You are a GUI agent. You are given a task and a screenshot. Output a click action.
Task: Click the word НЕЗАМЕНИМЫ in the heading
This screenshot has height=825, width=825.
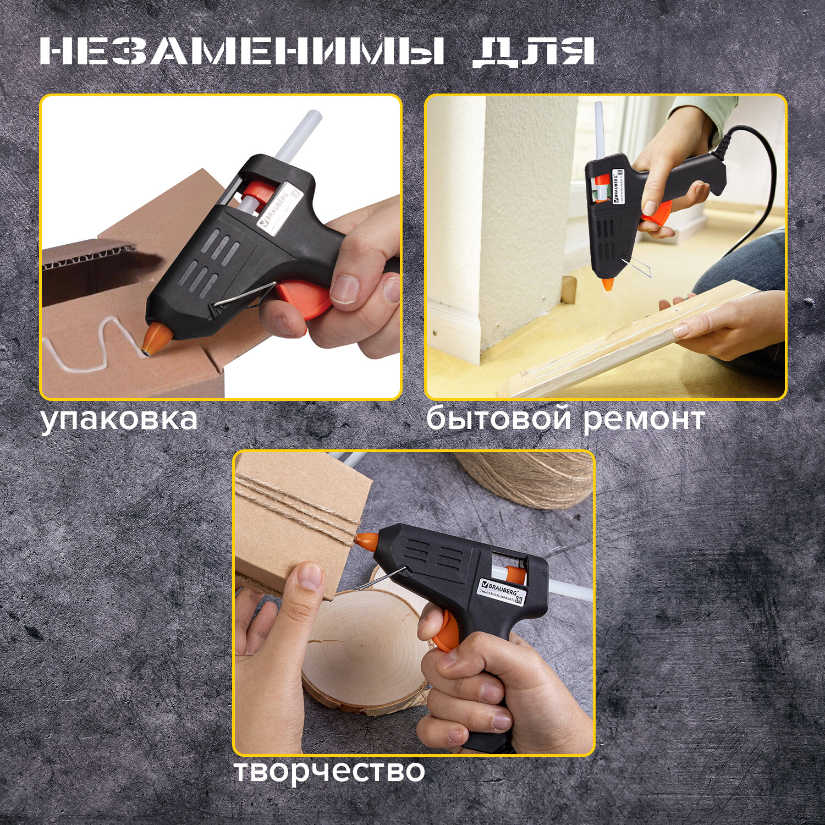[x=242, y=53]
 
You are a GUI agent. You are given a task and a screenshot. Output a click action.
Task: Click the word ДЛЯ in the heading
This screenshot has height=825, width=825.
[x=532, y=53]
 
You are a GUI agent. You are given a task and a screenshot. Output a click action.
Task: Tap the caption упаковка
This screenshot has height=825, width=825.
[x=119, y=419]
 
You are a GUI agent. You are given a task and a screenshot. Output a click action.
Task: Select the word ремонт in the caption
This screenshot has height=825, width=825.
[x=643, y=420]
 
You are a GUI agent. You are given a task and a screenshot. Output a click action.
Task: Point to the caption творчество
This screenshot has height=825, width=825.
[x=329, y=771]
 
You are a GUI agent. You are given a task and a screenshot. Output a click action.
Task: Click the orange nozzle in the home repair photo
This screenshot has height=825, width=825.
[x=608, y=284]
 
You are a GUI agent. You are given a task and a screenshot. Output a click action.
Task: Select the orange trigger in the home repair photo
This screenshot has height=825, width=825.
[x=658, y=212]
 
